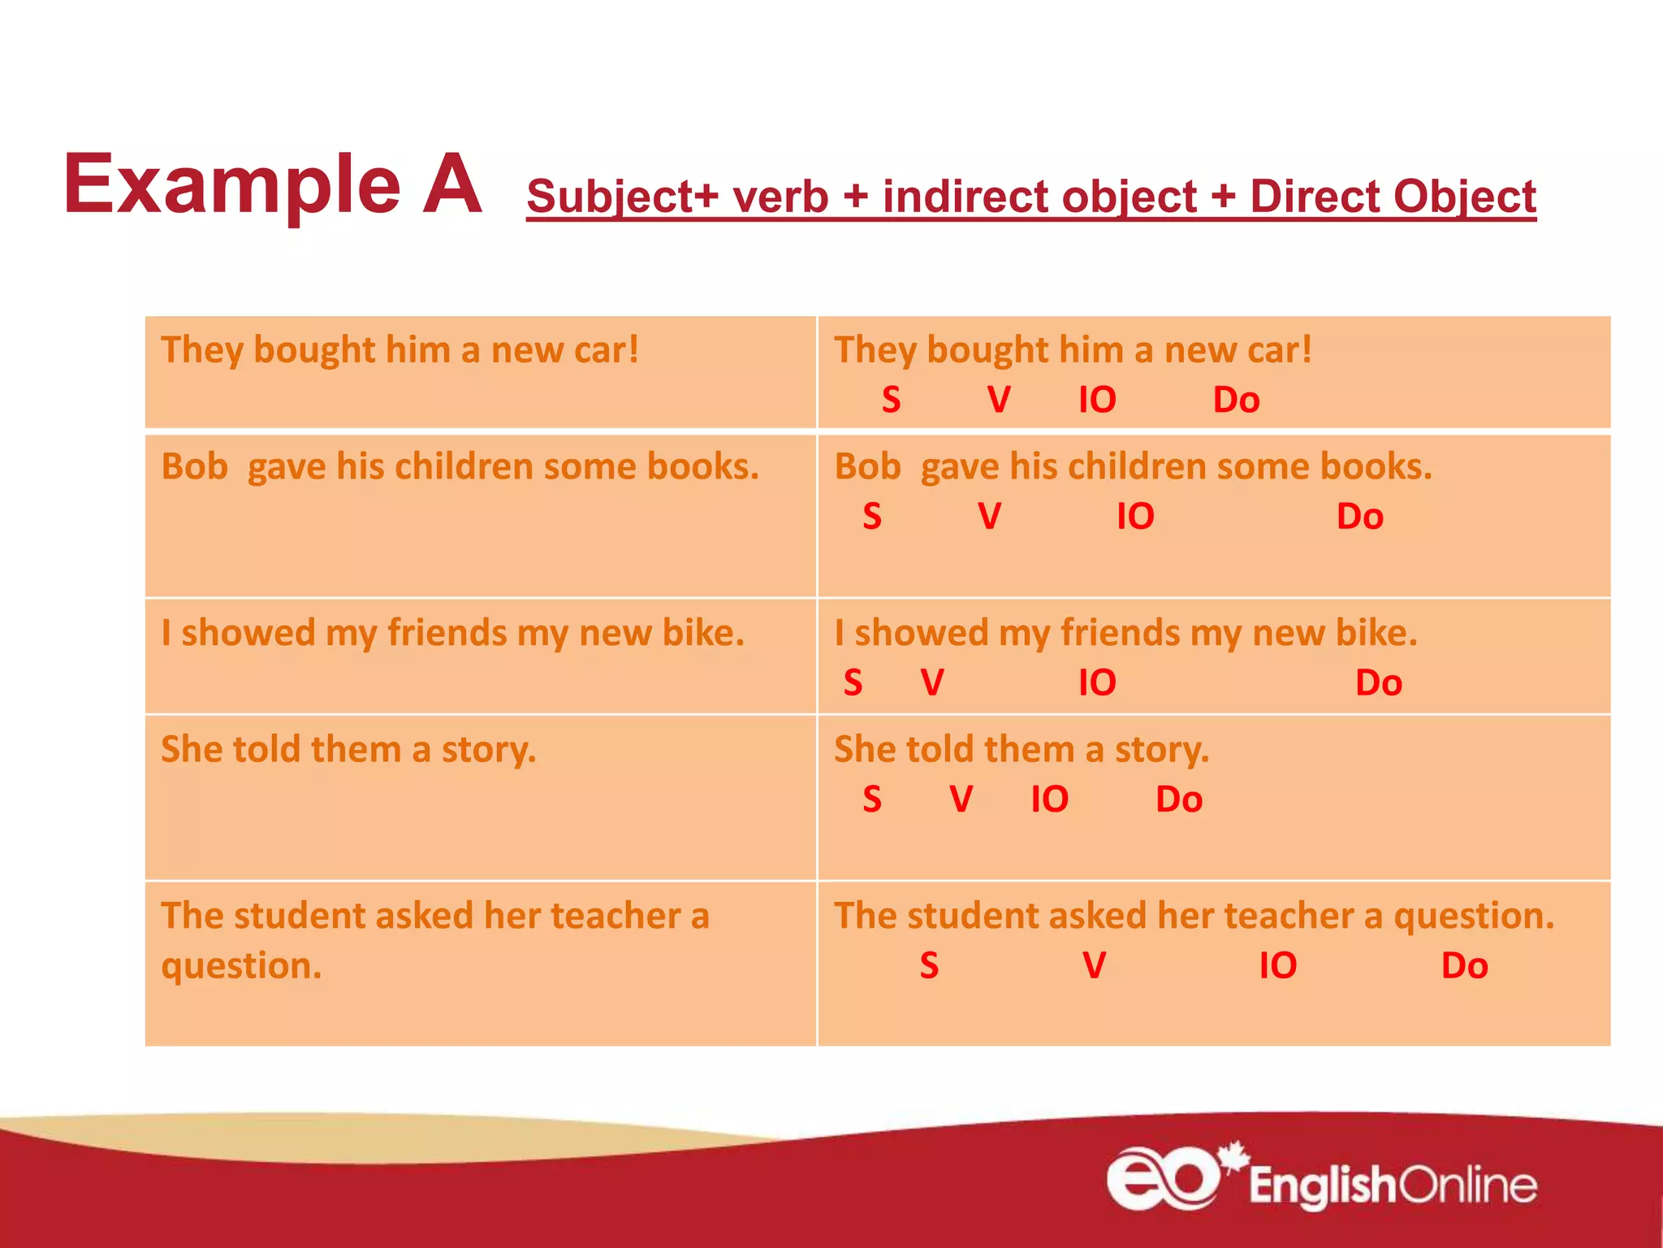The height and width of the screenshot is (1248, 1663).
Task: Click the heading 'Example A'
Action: [x=273, y=185]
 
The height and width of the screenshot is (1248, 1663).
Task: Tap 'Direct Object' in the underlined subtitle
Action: [x=1392, y=197]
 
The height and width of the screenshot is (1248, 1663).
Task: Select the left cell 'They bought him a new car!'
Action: [x=400, y=350]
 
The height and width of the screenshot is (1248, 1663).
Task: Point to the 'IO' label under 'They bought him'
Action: [x=1096, y=400]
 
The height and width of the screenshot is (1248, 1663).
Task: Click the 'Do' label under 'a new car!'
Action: [x=1235, y=400]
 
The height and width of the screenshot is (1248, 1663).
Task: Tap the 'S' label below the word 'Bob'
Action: [x=871, y=517]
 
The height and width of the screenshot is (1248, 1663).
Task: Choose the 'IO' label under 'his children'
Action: [x=1134, y=517]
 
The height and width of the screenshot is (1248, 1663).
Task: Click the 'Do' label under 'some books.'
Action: [x=1359, y=517]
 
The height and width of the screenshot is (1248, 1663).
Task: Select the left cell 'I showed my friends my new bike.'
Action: [x=452, y=633]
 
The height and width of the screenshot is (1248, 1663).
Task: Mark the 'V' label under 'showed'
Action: [x=931, y=682]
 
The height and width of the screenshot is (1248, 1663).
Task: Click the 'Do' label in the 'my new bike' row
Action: [x=1378, y=682]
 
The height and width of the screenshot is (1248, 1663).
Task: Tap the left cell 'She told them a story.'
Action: [x=348, y=749]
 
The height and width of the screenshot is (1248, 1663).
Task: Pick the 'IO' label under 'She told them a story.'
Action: [x=1048, y=799]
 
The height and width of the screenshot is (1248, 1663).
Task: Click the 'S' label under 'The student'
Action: [x=928, y=965]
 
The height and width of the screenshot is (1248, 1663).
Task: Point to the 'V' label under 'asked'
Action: [x=1094, y=965]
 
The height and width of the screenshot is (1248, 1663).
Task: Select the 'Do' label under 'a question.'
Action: [x=1463, y=965]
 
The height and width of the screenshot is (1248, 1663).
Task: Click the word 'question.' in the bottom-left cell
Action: [x=241, y=966]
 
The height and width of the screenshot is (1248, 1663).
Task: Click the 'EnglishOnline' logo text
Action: [x=1392, y=1185]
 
